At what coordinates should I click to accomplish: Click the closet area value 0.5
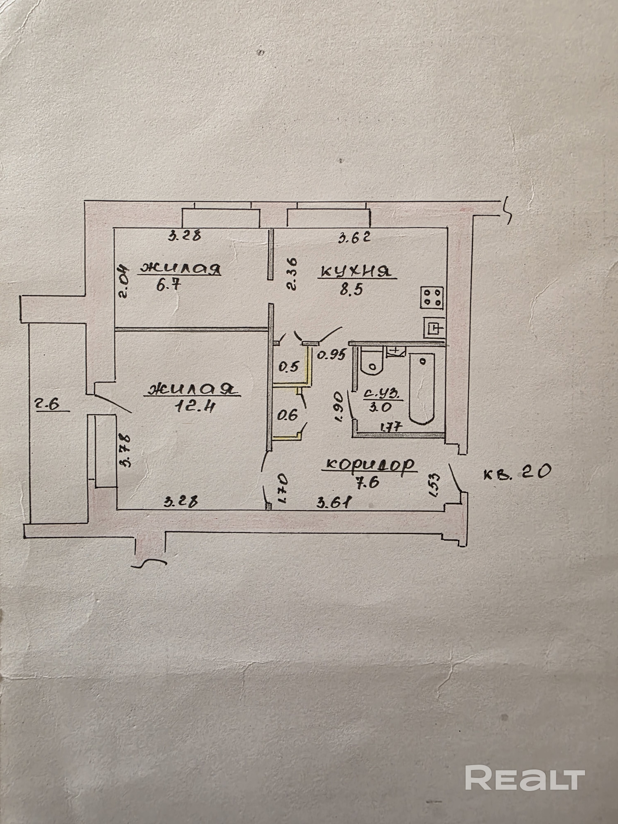(x=289, y=367)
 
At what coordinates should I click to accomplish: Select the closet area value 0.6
(x=288, y=415)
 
